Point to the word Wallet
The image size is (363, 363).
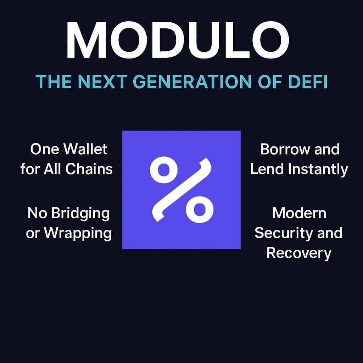[x=85, y=149]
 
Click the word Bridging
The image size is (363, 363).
[x=80, y=213]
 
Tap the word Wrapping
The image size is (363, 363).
[x=78, y=233]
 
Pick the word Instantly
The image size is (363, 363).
[x=318, y=169]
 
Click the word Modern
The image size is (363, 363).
[x=299, y=213]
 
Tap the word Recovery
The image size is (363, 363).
[x=299, y=253]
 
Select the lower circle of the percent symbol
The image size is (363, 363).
[x=199, y=209]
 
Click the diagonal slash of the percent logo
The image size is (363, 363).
[x=181, y=190]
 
